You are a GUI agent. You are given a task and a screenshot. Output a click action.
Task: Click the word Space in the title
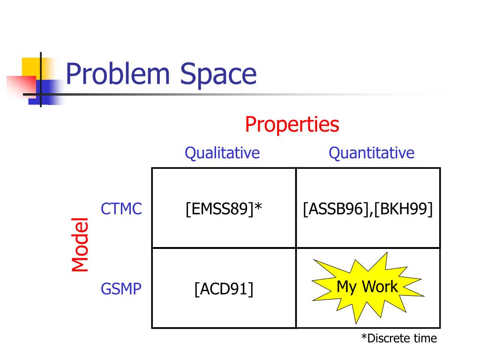(x=218, y=75)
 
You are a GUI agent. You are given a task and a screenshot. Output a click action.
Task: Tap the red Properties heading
(x=292, y=125)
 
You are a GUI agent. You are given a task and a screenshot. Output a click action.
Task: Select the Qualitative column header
(x=222, y=153)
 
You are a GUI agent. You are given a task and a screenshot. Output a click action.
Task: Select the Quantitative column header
(x=371, y=153)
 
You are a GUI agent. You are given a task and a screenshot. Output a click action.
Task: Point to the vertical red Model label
(x=80, y=244)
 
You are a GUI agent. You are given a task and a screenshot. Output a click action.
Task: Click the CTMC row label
(x=121, y=209)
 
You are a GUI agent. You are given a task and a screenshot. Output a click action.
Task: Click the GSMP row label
(x=121, y=289)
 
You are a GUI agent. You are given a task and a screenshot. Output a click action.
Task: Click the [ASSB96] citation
(x=332, y=209)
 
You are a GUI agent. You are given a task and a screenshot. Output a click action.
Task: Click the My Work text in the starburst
(x=367, y=286)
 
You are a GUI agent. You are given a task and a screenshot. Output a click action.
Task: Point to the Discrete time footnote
(x=398, y=338)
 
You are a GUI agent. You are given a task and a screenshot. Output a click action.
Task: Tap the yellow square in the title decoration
(x=30, y=66)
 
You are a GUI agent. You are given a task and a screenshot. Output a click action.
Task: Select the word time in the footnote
(x=425, y=338)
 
